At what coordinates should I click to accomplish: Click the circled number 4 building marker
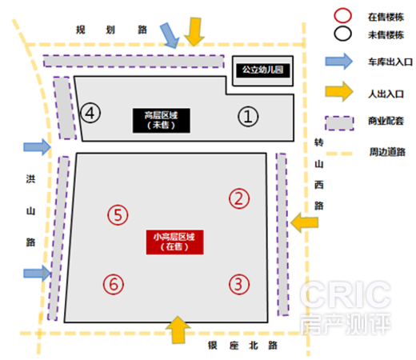(90, 113)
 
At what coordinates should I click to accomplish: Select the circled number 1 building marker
(248, 117)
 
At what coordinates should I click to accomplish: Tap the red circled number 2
(239, 198)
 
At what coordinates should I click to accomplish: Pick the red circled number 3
(239, 284)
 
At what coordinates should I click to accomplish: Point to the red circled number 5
(118, 215)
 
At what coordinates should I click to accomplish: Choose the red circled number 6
(114, 284)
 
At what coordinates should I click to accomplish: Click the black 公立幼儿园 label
(263, 70)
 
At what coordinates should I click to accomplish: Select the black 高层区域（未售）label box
(162, 120)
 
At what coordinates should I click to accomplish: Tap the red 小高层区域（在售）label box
(174, 242)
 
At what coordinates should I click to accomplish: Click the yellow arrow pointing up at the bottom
(178, 330)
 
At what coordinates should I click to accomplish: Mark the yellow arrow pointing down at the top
(194, 32)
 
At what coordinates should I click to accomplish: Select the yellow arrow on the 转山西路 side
(305, 222)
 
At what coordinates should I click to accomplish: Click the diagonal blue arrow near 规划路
(170, 35)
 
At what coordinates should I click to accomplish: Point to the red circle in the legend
(342, 15)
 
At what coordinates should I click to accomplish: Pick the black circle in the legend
(342, 34)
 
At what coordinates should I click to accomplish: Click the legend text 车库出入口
(390, 62)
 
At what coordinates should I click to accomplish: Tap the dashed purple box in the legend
(339, 123)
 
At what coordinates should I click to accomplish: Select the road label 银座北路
(242, 346)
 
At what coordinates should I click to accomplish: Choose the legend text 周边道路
(387, 152)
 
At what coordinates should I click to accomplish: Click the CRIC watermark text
(346, 294)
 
